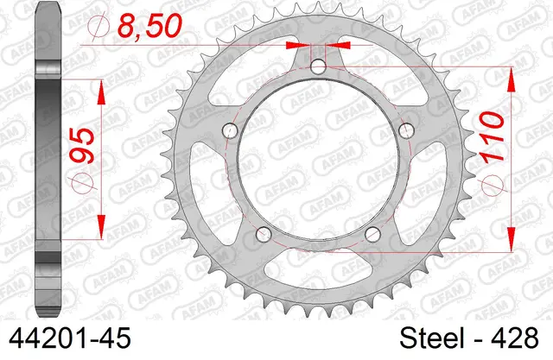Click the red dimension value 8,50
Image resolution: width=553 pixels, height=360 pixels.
[149, 26]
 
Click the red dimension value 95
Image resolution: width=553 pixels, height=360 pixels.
[82, 146]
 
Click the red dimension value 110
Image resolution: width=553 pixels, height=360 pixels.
[492, 138]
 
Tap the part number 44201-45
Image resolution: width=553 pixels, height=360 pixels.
[70, 338]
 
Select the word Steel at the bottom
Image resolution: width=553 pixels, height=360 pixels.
[432, 338]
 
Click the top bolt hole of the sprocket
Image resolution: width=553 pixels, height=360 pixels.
[319, 66]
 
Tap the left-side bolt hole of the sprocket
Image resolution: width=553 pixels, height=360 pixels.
[231, 130]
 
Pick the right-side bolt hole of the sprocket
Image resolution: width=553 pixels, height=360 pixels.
[406, 130]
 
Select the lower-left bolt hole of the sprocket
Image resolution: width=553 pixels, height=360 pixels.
[264, 234]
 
